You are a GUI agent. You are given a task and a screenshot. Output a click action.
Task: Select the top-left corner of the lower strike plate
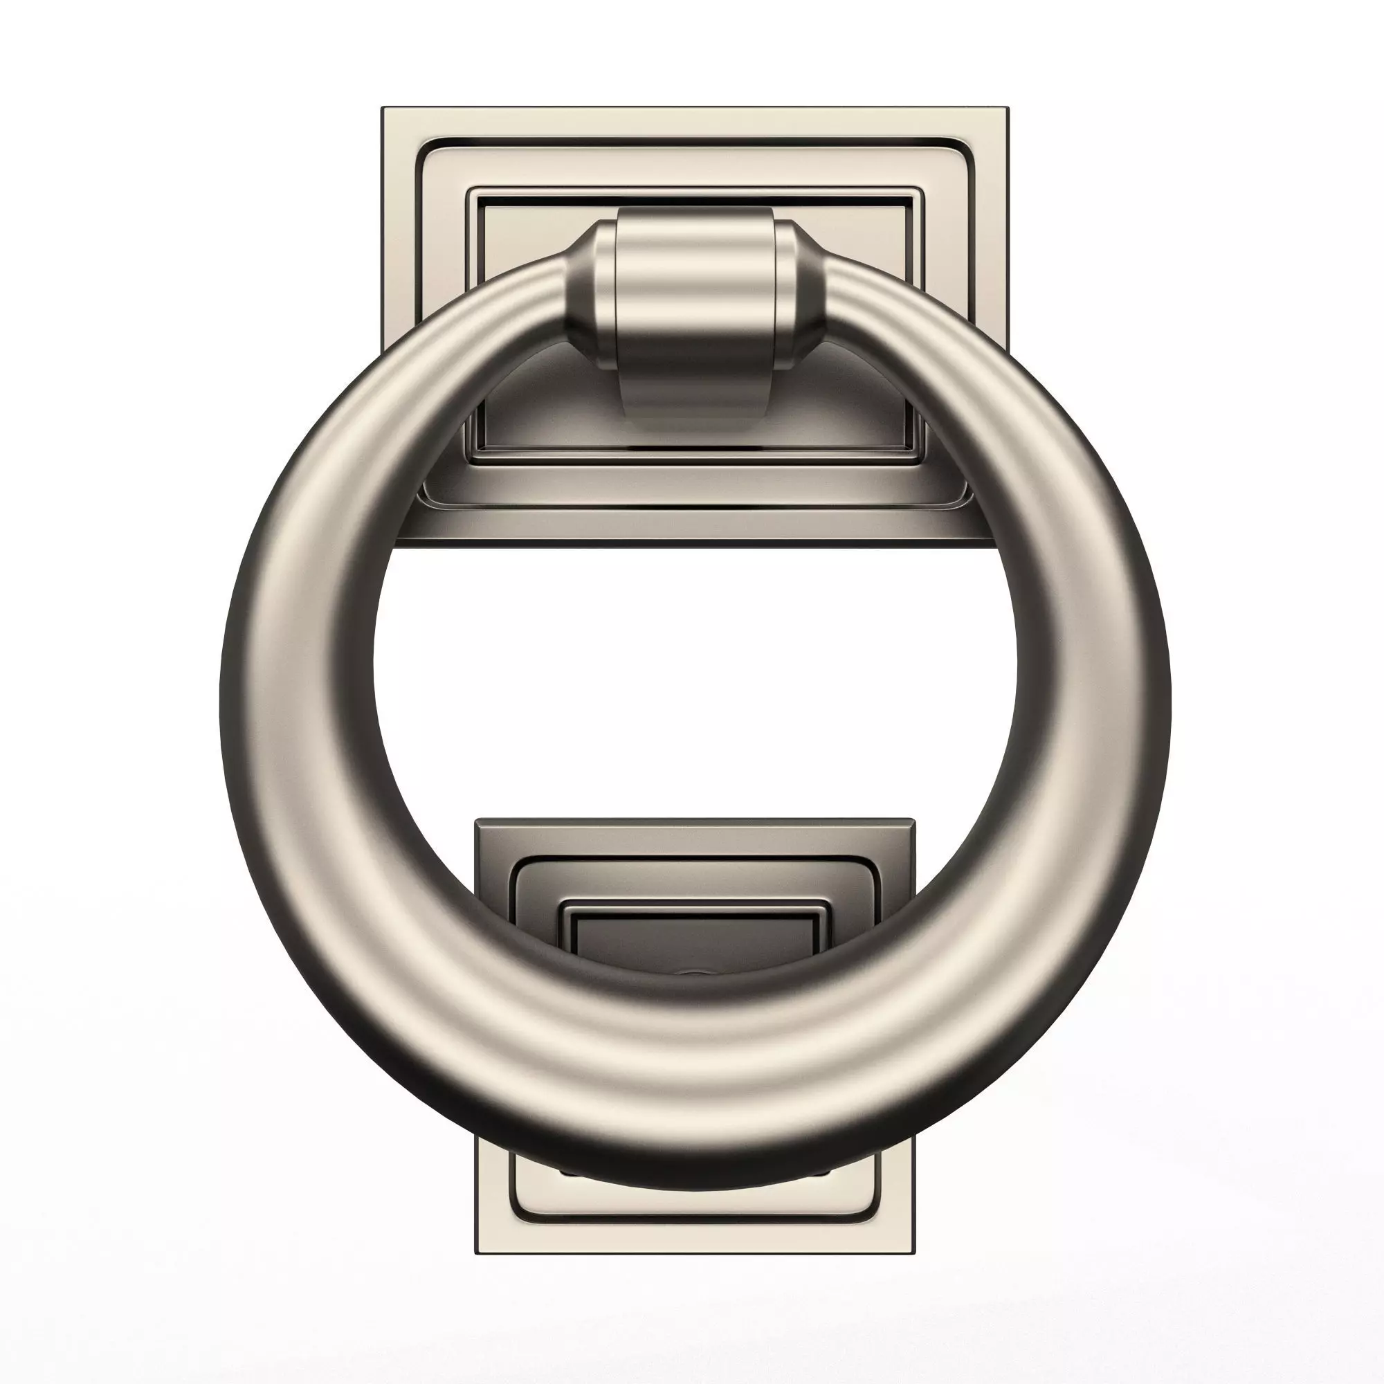point(477,821)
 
